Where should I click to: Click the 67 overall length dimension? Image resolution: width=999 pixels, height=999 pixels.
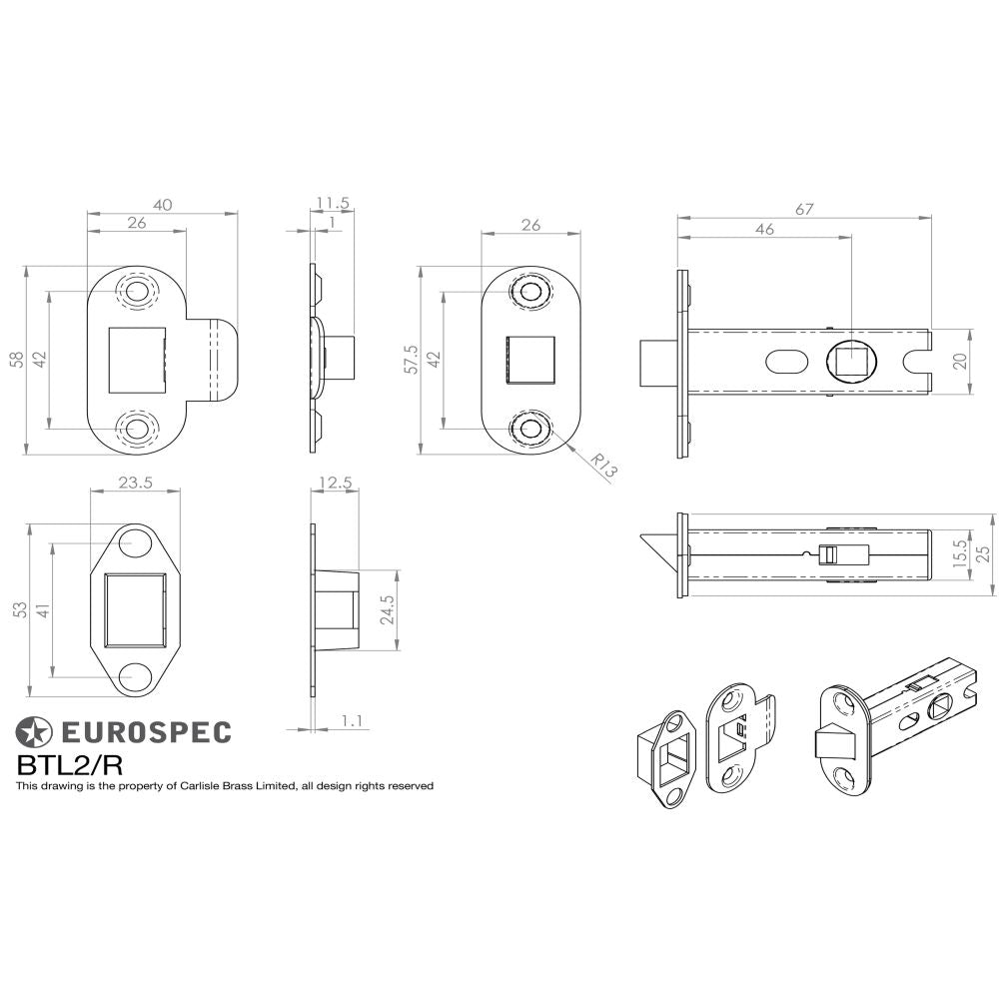pyautogui.click(x=805, y=209)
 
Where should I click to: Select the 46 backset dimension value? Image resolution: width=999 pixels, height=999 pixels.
pyautogui.click(x=765, y=229)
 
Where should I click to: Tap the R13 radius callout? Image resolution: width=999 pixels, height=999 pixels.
pyautogui.click(x=603, y=466)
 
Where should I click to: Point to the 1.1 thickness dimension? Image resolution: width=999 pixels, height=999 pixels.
pyautogui.click(x=351, y=719)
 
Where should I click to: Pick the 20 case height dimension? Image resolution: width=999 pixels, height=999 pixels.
pyautogui.click(x=960, y=362)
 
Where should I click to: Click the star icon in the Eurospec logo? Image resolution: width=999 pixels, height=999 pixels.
pyautogui.click(x=33, y=732)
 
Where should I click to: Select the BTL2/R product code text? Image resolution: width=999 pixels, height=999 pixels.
pyautogui.click(x=69, y=765)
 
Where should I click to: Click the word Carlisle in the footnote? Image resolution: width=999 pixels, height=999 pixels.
pyautogui.click(x=201, y=786)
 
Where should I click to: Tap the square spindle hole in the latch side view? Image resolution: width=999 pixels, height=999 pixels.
pyautogui.click(x=850, y=361)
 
